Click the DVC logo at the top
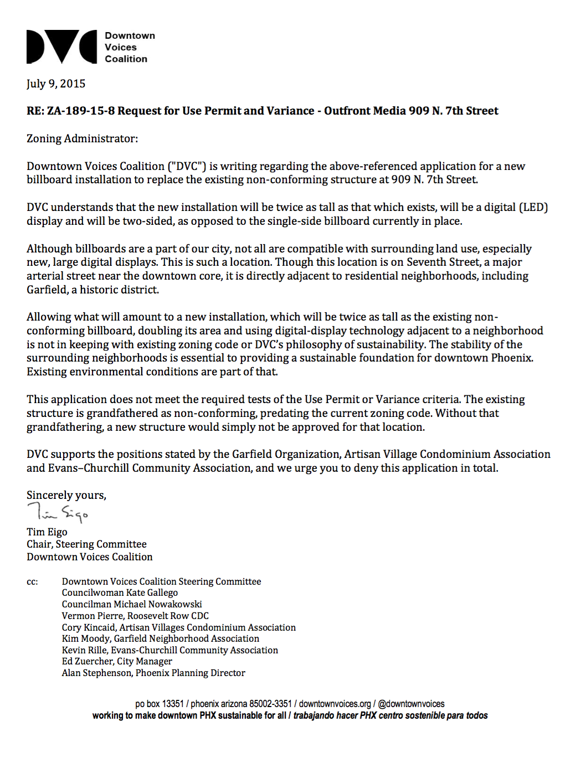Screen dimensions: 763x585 point(62,47)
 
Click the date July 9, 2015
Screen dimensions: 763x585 point(56,84)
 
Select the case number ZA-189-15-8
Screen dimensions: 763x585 point(81,111)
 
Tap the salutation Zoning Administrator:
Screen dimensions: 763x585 point(82,138)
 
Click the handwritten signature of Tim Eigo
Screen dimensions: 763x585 point(58,513)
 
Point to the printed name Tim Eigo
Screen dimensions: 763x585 point(47,532)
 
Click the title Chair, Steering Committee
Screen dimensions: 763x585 point(86,544)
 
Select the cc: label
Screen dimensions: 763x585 point(32,582)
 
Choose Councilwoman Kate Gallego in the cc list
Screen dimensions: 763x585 point(120,592)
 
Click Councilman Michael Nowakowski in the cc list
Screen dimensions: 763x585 point(132,604)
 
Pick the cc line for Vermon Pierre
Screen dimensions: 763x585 point(135,616)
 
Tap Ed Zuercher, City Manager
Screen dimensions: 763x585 point(117,661)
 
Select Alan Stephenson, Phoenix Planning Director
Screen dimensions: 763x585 point(153,673)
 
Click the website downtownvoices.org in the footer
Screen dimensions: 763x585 point(335,704)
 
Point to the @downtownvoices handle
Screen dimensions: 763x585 point(411,704)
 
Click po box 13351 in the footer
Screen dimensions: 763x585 point(159,704)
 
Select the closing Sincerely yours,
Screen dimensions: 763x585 point(66,495)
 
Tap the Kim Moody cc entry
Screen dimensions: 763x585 point(161,638)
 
